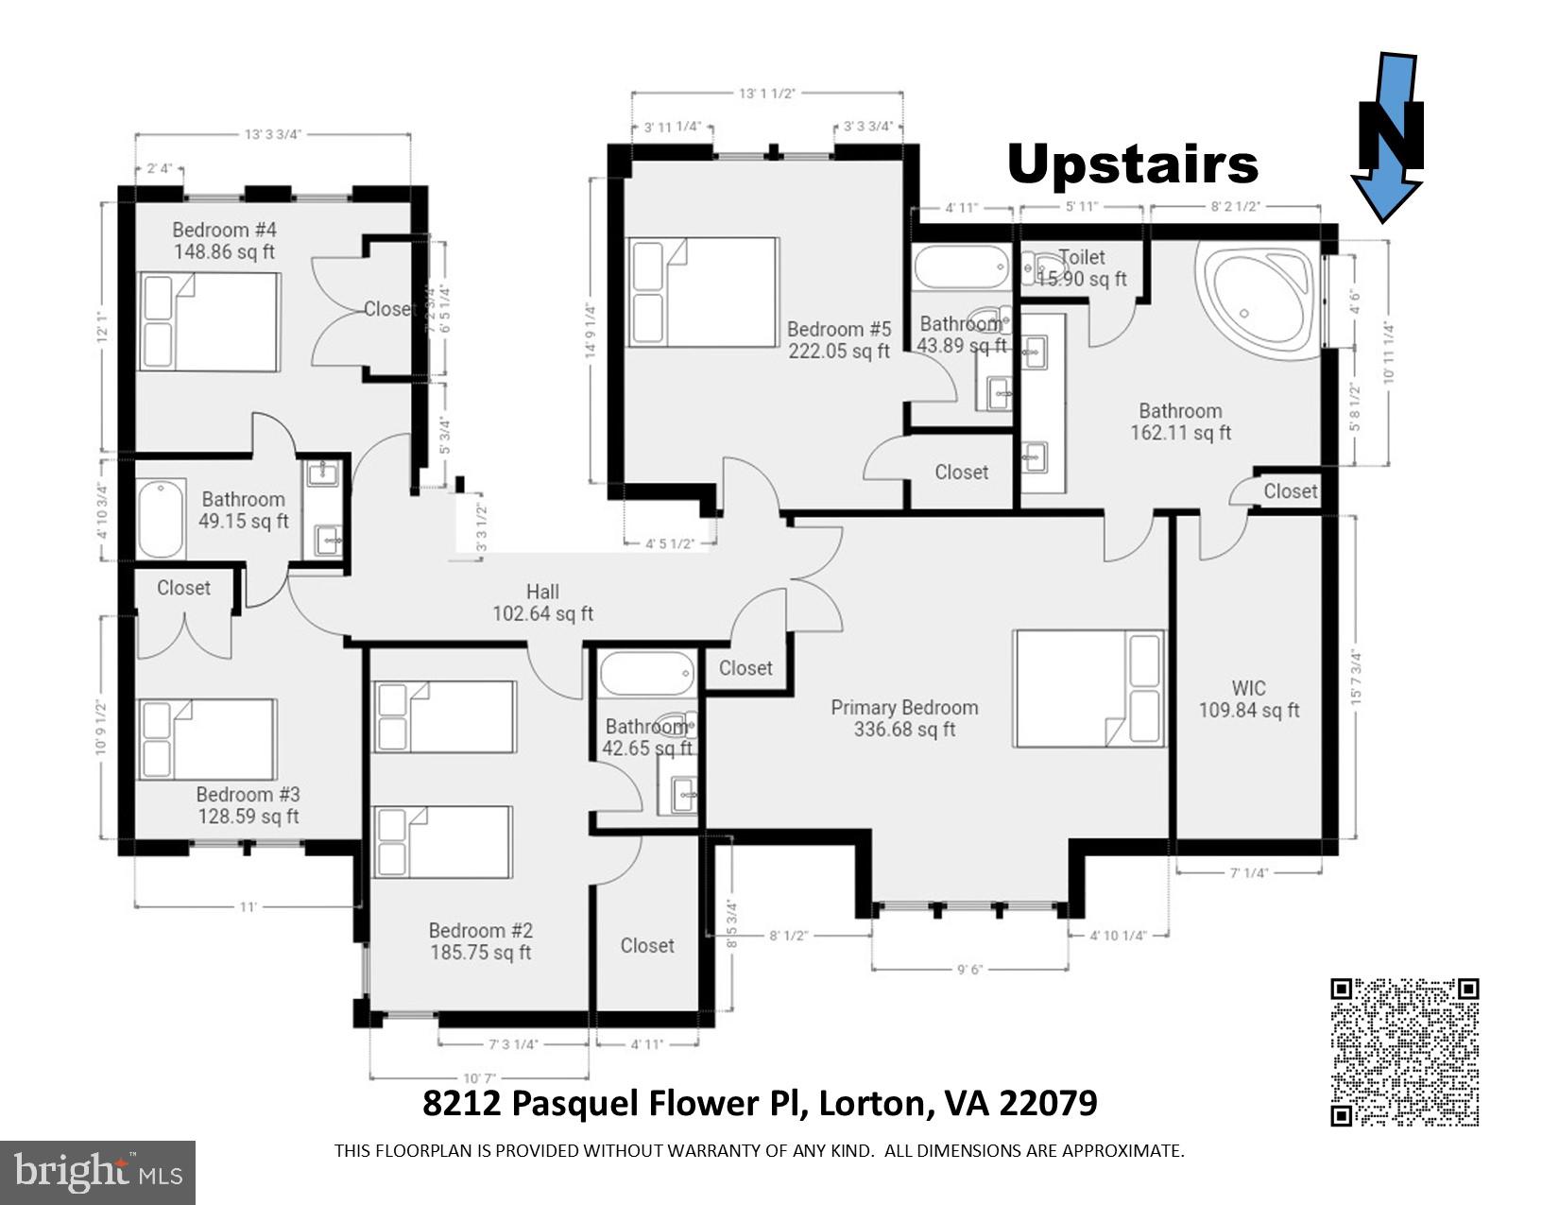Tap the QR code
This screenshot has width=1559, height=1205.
pyautogui.click(x=1404, y=1052)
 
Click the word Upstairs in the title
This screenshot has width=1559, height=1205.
pyautogui.click(x=1132, y=164)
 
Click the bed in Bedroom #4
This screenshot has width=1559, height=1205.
pyautogui.click(x=210, y=321)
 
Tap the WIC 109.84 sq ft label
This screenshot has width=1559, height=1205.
pyautogui.click(x=1248, y=699)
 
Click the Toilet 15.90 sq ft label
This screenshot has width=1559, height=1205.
pyautogui.click(x=1082, y=268)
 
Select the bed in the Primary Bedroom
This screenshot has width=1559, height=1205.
pyautogui.click(x=1088, y=689)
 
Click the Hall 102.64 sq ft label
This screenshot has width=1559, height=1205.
pyautogui.click(x=542, y=603)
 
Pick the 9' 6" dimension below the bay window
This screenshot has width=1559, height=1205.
pyautogui.click(x=971, y=969)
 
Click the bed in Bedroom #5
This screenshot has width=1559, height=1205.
pyautogui.click(x=704, y=292)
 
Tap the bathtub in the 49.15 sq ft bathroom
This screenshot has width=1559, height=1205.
pyautogui.click(x=162, y=519)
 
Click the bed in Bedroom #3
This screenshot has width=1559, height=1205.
pyautogui.click(x=208, y=739)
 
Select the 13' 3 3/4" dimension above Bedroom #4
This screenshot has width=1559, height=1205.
pyautogui.click(x=272, y=134)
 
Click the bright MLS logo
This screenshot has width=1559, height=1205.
pyautogui.click(x=98, y=1172)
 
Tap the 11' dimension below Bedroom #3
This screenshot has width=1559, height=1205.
pyautogui.click(x=248, y=907)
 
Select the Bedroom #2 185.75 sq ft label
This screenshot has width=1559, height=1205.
pyautogui.click(x=480, y=941)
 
